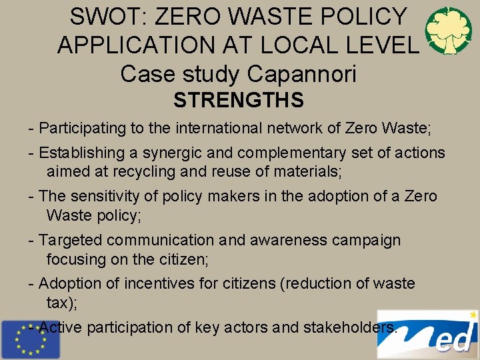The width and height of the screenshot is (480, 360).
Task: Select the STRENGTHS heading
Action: pyautogui.click(x=239, y=101)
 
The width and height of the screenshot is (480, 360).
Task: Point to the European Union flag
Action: pyautogui.click(x=29, y=339)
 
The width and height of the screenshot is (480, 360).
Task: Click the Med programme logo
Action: pyautogui.click(x=427, y=335)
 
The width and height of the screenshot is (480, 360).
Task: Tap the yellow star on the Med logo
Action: pyautogui.click(x=473, y=314)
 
